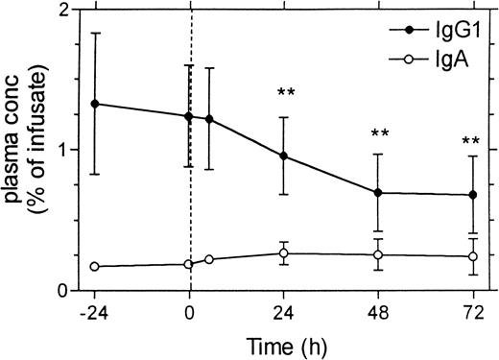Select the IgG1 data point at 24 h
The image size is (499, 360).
(x=284, y=156)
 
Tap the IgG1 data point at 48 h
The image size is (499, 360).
(x=378, y=193)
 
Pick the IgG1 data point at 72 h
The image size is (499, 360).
(x=472, y=196)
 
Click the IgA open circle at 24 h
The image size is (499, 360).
(x=284, y=253)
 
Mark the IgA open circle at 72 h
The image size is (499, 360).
(x=472, y=256)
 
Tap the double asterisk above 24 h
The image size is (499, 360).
(x=285, y=93)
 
